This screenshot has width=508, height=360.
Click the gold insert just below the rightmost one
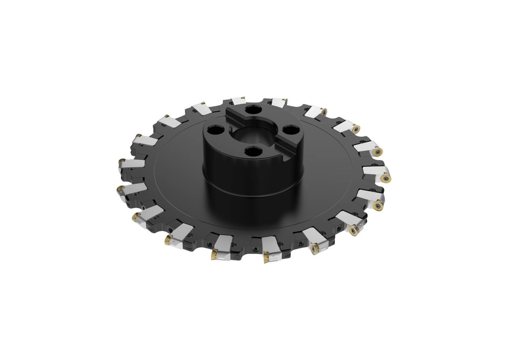[x=378, y=205]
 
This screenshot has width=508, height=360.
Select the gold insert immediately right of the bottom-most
[x=315, y=249]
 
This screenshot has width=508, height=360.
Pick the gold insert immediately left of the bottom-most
[x=215, y=255]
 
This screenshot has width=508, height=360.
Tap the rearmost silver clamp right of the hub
[x=278, y=103]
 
